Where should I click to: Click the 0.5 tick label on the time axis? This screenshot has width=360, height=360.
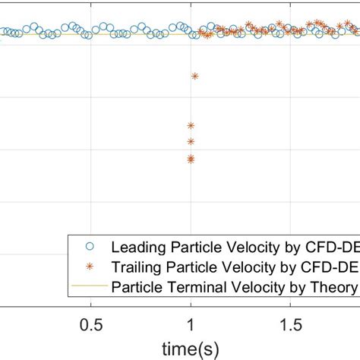pos(91,324)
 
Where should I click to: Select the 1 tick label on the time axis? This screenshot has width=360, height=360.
pos(191,324)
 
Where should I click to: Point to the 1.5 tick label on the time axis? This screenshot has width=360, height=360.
pos(289,324)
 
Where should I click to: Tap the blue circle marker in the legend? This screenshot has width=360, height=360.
pos(90,247)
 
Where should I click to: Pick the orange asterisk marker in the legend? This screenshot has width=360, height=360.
pos(90,267)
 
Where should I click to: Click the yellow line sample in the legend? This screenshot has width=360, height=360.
pos(90,287)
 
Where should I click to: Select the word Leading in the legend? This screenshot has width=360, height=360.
pos(137,247)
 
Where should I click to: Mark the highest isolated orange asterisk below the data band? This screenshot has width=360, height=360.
pos(195,76)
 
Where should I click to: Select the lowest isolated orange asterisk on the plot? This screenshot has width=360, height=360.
pos(191,159)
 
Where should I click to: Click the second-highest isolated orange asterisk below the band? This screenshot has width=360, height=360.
pos(191,125)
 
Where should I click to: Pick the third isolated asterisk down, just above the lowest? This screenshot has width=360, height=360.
pos(191,141)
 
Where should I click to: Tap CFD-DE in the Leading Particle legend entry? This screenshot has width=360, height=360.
pos(331,247)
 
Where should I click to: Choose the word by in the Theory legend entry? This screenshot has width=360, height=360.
pos(300,287)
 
